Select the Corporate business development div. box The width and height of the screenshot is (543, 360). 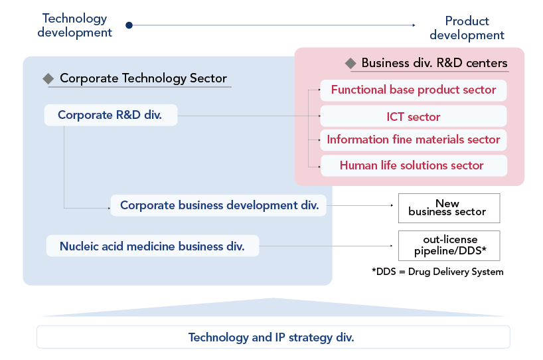[x=219, y=206]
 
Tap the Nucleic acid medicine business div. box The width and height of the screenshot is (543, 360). [x=152, y=246]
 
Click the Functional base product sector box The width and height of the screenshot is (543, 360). [x=414, y=90]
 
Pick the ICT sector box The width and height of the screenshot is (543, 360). [x=414, y=117]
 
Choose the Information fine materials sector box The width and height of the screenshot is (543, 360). [x=414, y=139]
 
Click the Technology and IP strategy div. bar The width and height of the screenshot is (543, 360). [x=273, y=337]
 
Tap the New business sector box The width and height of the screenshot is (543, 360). [x=449, y=208]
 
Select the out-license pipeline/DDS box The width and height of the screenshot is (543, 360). [x=449, y=246]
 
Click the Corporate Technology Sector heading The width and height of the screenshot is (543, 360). [x=143, y=78]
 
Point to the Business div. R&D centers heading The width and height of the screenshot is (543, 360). [x=434, y=64]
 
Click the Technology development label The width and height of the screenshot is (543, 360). [x=75, y=25]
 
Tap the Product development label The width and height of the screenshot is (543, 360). [x=467, y=28]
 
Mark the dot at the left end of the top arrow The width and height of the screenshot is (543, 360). [x=129, y=25]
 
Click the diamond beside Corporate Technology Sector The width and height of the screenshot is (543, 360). [x=48, y=78]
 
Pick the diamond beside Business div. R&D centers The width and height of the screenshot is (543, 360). [x=351, y=64]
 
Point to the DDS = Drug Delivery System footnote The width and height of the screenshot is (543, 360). [x=438, y=272]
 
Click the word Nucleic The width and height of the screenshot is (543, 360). [x=79, y=246]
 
